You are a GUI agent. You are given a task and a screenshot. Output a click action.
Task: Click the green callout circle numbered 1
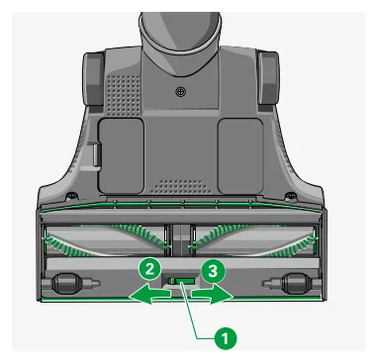coord(227,337)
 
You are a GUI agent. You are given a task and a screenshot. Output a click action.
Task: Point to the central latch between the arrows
coord(181,287)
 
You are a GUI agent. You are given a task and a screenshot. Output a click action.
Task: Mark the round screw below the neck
coord(180,92)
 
